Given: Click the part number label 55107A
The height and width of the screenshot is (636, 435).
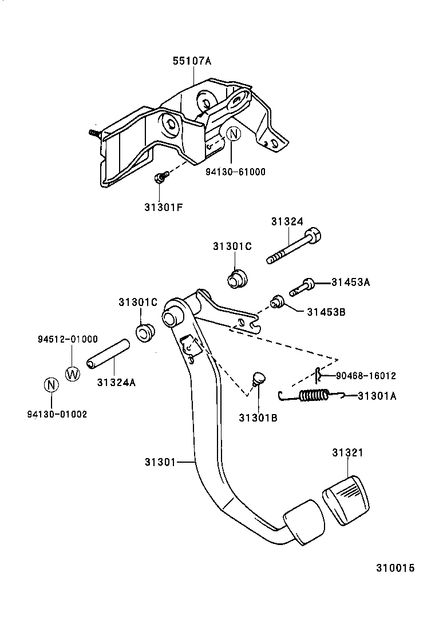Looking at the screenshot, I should pyautogui.click(x=192, y=61).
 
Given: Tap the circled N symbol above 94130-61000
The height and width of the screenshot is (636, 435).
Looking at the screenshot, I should pyautogui.click(x=232, y=135).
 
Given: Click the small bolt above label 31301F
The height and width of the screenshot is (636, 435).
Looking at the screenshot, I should pyautogui.click(x=161, y=178).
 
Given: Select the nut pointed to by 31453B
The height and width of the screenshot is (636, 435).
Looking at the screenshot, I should pyautogui.click(x=278, y=301).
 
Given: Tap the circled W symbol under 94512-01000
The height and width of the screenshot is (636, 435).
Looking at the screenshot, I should pyautogui.click(x=72, y=373).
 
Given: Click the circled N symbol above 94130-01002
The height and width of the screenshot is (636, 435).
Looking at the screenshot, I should pyautogui.click(x=51, y=384).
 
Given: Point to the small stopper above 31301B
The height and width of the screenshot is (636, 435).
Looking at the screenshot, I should pyautogui.click(x=258, y=378).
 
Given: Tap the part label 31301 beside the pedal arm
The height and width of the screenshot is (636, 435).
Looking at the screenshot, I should pyautogui.click(x=159, y=461).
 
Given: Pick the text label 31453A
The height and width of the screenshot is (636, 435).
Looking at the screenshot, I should pyautogui.click(x=351, y=282).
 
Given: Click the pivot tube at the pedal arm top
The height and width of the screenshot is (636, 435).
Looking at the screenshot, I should pyautogui.click(x=170, y=316).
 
